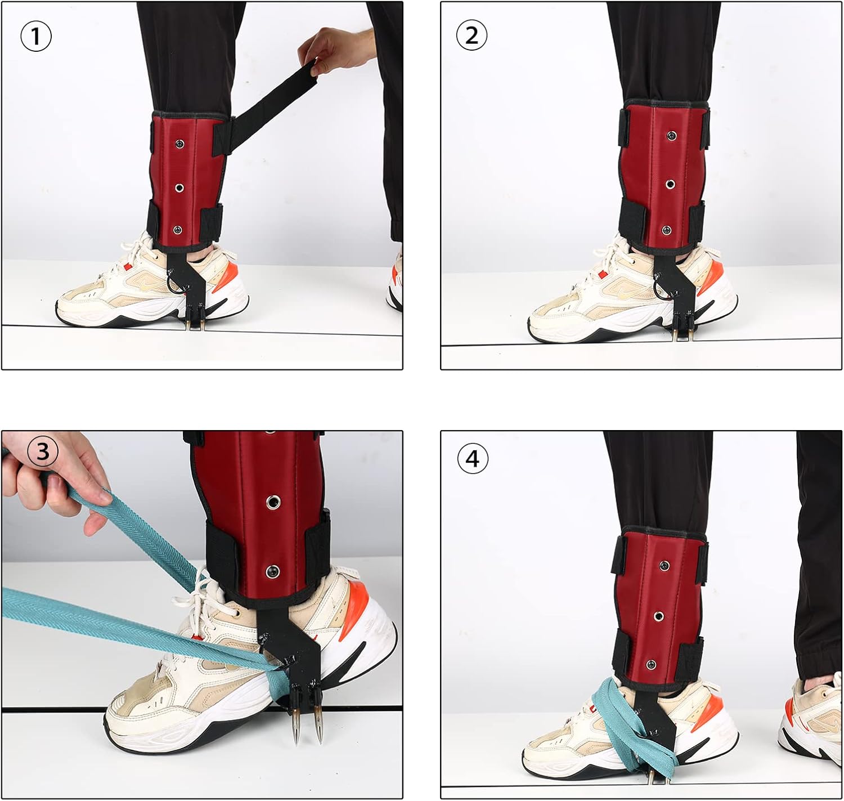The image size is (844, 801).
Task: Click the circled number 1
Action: (36, 36)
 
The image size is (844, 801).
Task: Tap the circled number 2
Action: (472, 35)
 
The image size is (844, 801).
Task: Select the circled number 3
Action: (43, 451)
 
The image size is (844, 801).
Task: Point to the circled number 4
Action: (472, 459)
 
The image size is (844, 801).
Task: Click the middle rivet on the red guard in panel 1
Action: (179, 187)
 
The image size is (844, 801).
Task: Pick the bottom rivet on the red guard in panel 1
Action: (177, 230)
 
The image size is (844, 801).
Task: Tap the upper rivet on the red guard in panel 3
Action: (272, 501)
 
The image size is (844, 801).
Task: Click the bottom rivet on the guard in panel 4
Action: (651, 665)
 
